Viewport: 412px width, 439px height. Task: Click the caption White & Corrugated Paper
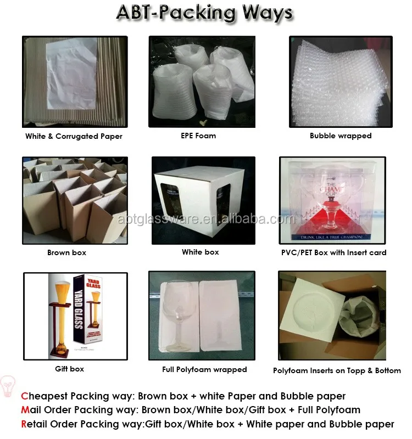point(74,136)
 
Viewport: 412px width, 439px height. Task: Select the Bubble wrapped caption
point(341,136)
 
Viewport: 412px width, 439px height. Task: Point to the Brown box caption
point(66,252)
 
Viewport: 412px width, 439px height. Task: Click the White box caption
point(201,252)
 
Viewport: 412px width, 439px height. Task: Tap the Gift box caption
point(70,369)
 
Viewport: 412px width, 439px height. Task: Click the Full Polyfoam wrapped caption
point(204,369)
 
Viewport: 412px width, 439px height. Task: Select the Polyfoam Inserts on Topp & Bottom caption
point(337,370)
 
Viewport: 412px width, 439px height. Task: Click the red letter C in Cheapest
point(24,396)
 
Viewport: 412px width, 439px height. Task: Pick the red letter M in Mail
point(25,410)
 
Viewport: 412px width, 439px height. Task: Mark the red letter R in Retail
point(24,424)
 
